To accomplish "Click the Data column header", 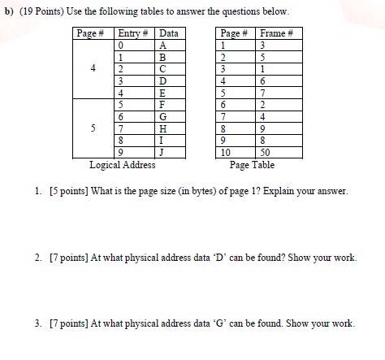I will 169,33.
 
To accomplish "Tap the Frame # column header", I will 277,33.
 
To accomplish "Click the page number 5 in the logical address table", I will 93,128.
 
